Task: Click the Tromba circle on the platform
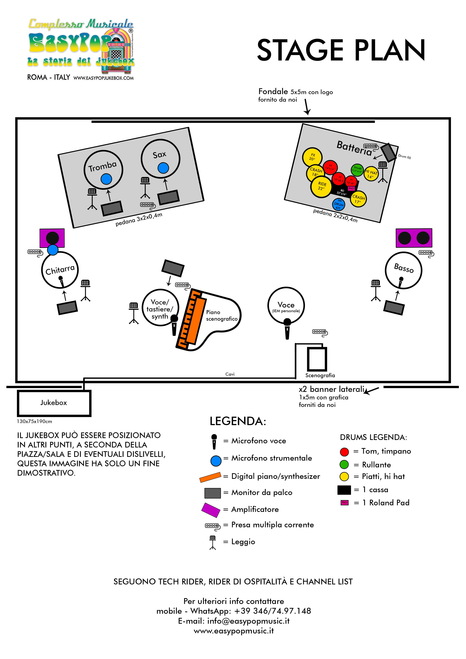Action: [x=103, y=169]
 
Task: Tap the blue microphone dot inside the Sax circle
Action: [x=163, y=168]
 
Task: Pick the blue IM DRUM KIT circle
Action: [x=339, y=204]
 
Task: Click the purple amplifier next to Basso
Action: [x=414, y=238]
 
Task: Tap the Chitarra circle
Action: [x=60, y=270]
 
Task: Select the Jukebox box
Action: [x=54, y=403]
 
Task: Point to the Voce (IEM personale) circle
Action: [x=286, y=305]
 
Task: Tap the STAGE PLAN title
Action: [x=341, y=51]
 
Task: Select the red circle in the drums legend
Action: [x=344, y=452]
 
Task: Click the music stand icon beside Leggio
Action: [x=213, y=542]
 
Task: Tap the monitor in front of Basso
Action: [x=394, y=308]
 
